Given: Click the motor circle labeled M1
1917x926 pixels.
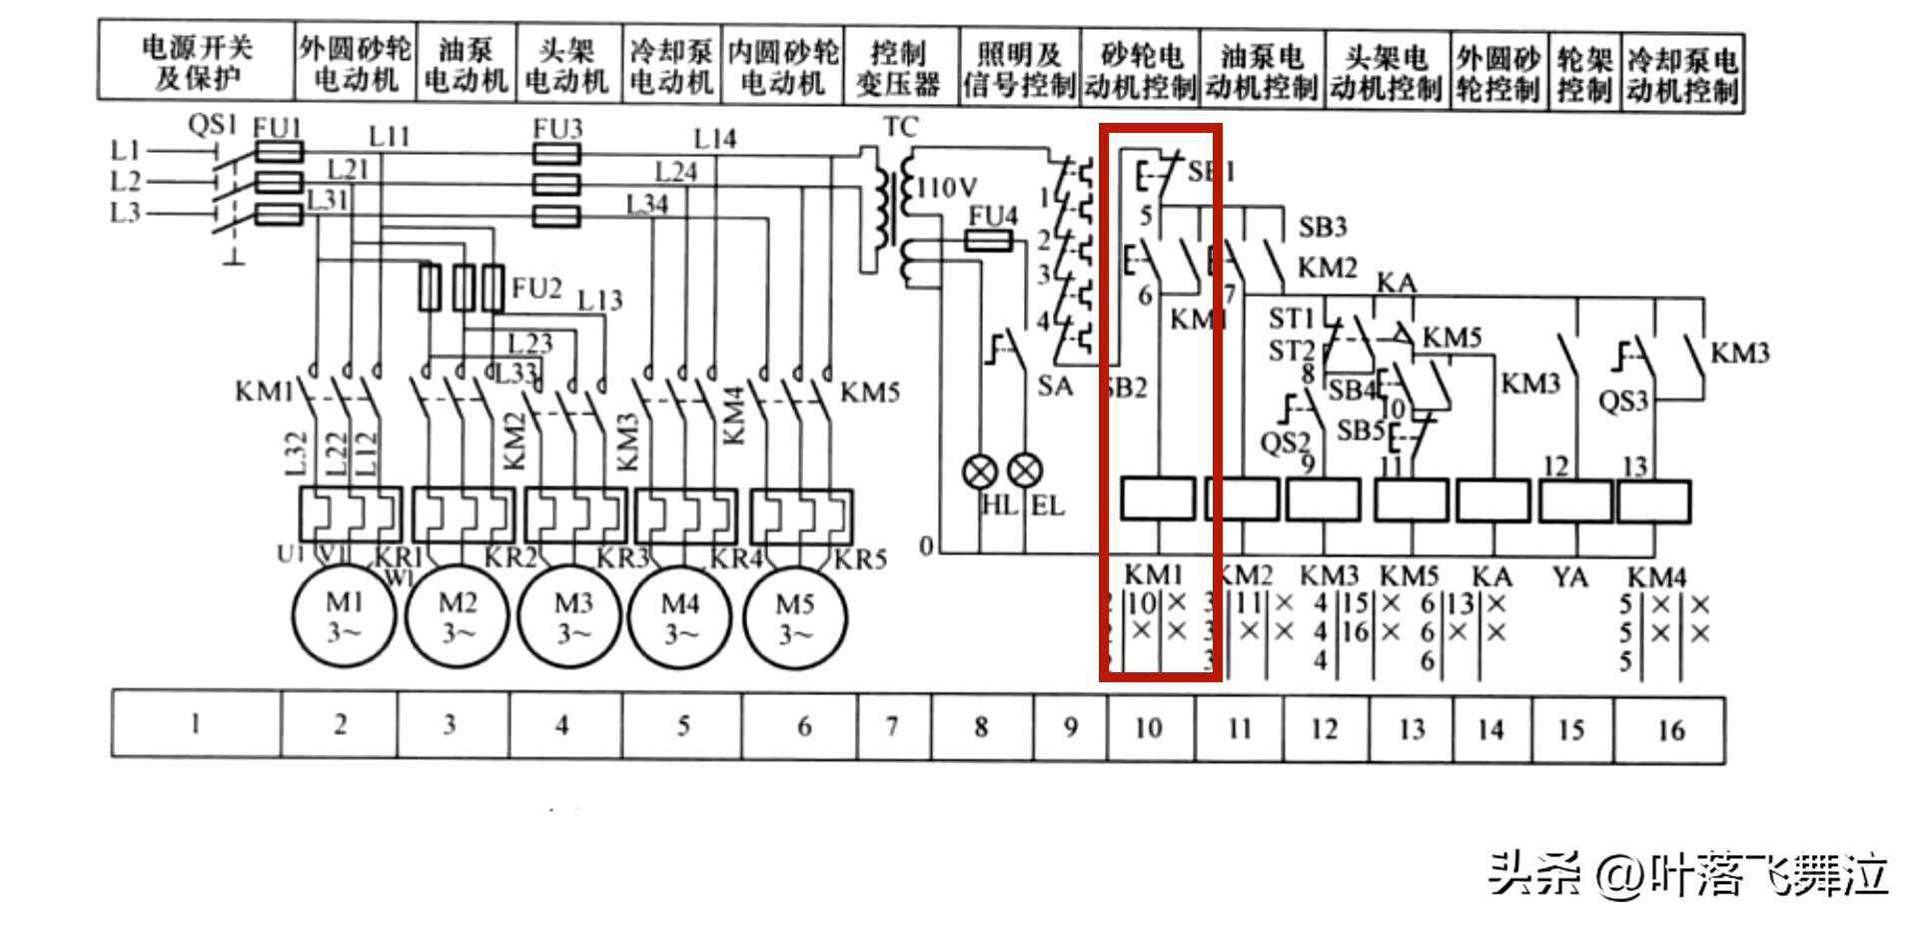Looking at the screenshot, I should tap(343, 616).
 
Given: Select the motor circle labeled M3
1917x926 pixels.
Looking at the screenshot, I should tap(572, 616).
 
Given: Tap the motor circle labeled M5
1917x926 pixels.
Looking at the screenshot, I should tap(795, 616).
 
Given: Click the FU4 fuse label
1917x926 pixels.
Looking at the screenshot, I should tap(993, 216).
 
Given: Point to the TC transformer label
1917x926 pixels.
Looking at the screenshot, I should tap(900, 128).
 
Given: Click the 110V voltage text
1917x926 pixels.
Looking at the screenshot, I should tap(947, 187).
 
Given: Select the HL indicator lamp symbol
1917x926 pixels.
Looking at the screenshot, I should tap(980, 470).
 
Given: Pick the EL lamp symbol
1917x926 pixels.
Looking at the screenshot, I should tap(1025, 470).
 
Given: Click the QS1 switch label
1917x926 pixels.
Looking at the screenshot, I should tap(212, 126).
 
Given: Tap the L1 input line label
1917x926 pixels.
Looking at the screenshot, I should tap(125, 151).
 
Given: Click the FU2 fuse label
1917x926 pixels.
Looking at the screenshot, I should tap(536, 289).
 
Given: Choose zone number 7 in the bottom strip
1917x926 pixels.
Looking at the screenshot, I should tap(892, 726).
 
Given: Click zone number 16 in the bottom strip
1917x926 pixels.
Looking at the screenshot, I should tap(1670, 730).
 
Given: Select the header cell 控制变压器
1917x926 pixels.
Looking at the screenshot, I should tap(897, 68).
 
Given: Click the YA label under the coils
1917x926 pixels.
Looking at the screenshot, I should tap(1569, 577).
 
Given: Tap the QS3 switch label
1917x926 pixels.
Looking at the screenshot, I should tap(1622, 402).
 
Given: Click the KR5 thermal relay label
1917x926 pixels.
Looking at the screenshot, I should tap(860, 558).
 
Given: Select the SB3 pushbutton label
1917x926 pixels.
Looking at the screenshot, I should tap(1322, 228).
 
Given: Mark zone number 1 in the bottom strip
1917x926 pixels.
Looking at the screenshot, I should tap(195, 724).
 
